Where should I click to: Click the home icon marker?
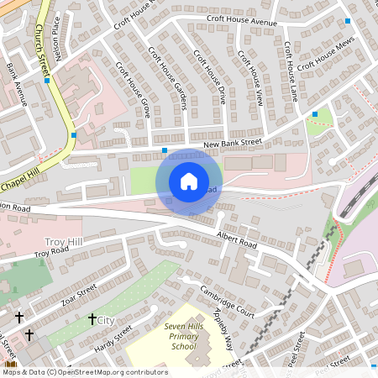[x=189, y=181]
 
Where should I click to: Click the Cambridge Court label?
[x=227, y=302]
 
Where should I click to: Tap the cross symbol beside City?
[x=92, y=319]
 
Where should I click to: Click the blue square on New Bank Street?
[x=165, y=150]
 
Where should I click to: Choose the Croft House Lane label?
[x=291, y=71]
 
